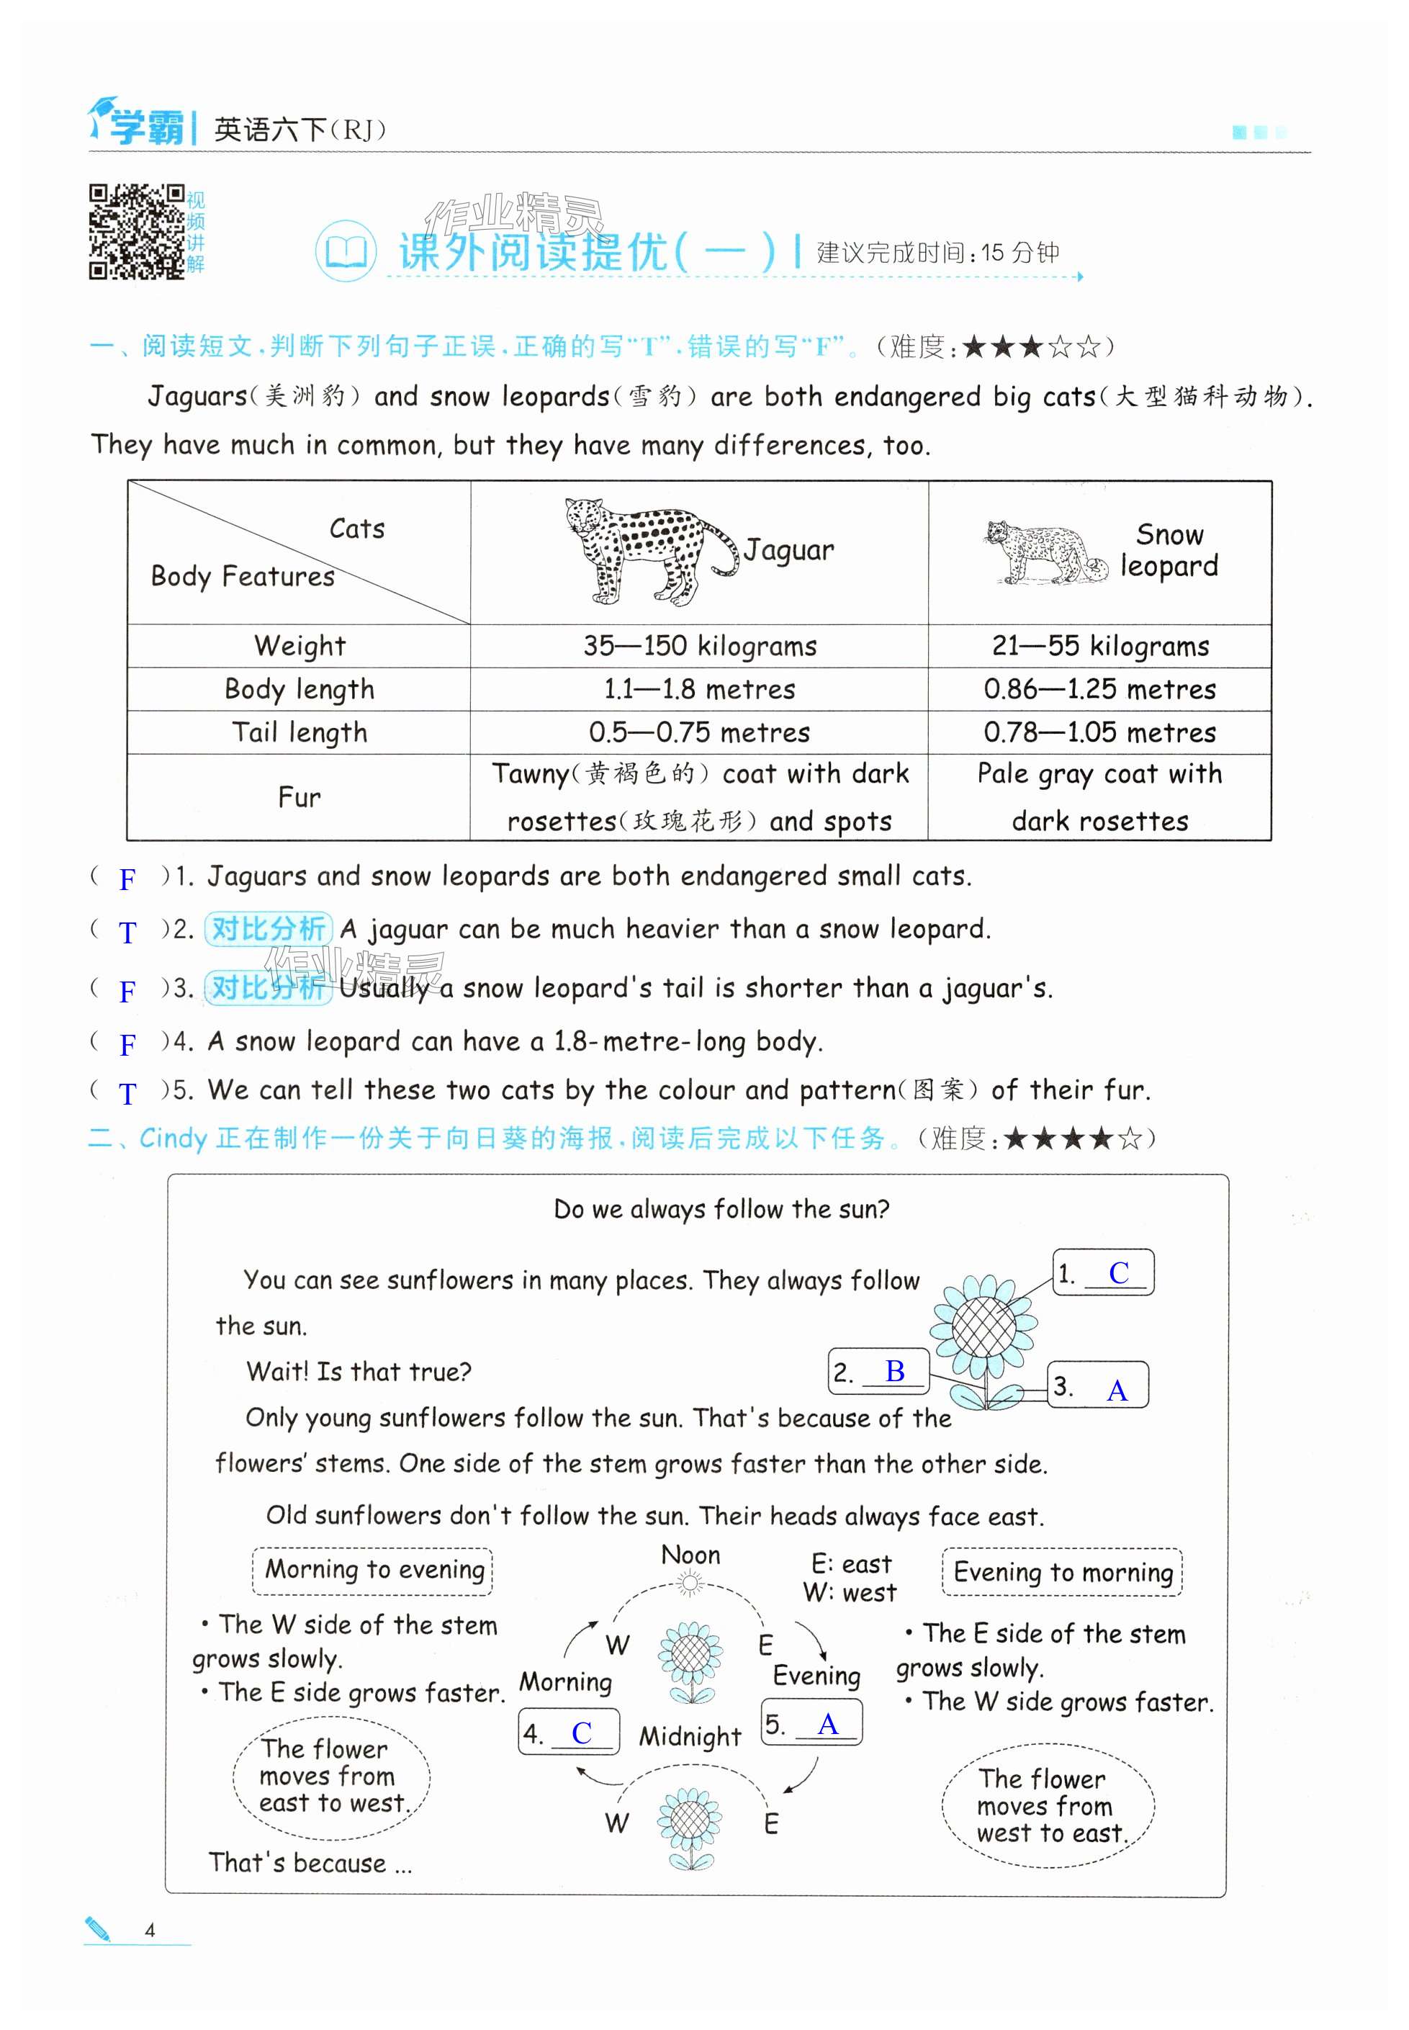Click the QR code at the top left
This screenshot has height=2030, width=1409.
(x=136, y=231)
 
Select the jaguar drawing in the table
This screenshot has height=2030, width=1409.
(x=651, y=550)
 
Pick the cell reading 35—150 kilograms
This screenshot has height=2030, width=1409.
(x=699, y=647)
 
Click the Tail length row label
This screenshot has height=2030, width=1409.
(x=300, y=733)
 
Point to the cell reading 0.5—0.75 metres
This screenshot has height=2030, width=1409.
(x=699, y=733)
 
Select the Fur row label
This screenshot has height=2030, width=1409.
(x=300, y=797)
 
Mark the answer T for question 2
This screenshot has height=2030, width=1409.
(x=128, y=933)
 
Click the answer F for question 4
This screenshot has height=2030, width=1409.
(x=128, y=1046)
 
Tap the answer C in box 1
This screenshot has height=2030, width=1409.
(x=1119, y=1273)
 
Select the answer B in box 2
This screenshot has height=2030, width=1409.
(x=894, y=1371)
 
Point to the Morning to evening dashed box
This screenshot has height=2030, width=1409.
(x=372, y=1570)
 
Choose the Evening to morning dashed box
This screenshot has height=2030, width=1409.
(x=1062, y=1573)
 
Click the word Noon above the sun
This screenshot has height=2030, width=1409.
(x=690, y=1556)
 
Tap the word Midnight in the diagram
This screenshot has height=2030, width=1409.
(x=690, y=1737)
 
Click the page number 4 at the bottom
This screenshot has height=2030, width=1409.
(x=150, y=1930)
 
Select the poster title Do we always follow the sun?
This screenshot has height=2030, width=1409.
(x=721, y=1209)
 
